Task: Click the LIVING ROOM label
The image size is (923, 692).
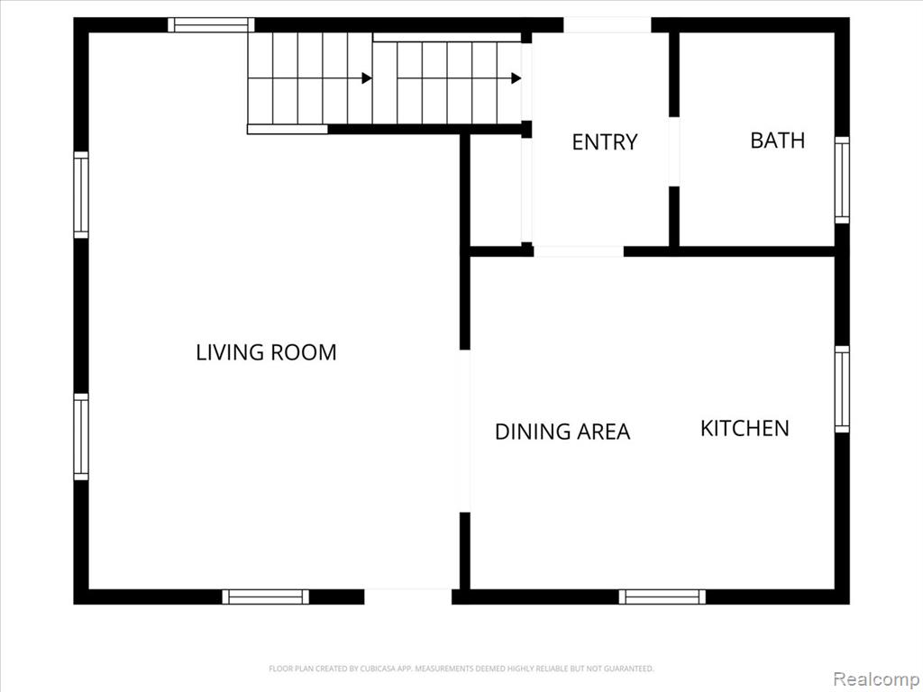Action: pos(266,352)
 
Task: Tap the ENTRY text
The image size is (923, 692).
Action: pos(605,141)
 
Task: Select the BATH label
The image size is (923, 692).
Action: pos(777,140)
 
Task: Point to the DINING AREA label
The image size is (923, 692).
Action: pos(562,432)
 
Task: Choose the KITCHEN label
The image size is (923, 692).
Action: pos(745,428)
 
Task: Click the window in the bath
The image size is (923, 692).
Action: pos(843,180)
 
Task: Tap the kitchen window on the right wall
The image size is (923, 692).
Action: pos(843,389)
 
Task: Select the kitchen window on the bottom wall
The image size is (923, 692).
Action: pos(663,596)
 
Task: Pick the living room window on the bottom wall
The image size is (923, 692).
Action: pos(266,596)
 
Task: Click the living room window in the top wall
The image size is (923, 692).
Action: pos(211,24)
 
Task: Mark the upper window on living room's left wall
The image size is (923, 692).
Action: pos(81,195)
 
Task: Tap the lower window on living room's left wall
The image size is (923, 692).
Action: pos(81,437)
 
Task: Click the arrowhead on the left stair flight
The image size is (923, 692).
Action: pos(367,78)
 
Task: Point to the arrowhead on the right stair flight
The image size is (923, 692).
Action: pos(516,78)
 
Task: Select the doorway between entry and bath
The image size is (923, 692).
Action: pos(674,151)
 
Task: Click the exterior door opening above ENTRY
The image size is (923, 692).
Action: pos(608,24)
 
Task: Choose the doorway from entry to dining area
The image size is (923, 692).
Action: pos(579,251)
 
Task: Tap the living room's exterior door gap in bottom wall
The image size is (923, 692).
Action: pos(408,596)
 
